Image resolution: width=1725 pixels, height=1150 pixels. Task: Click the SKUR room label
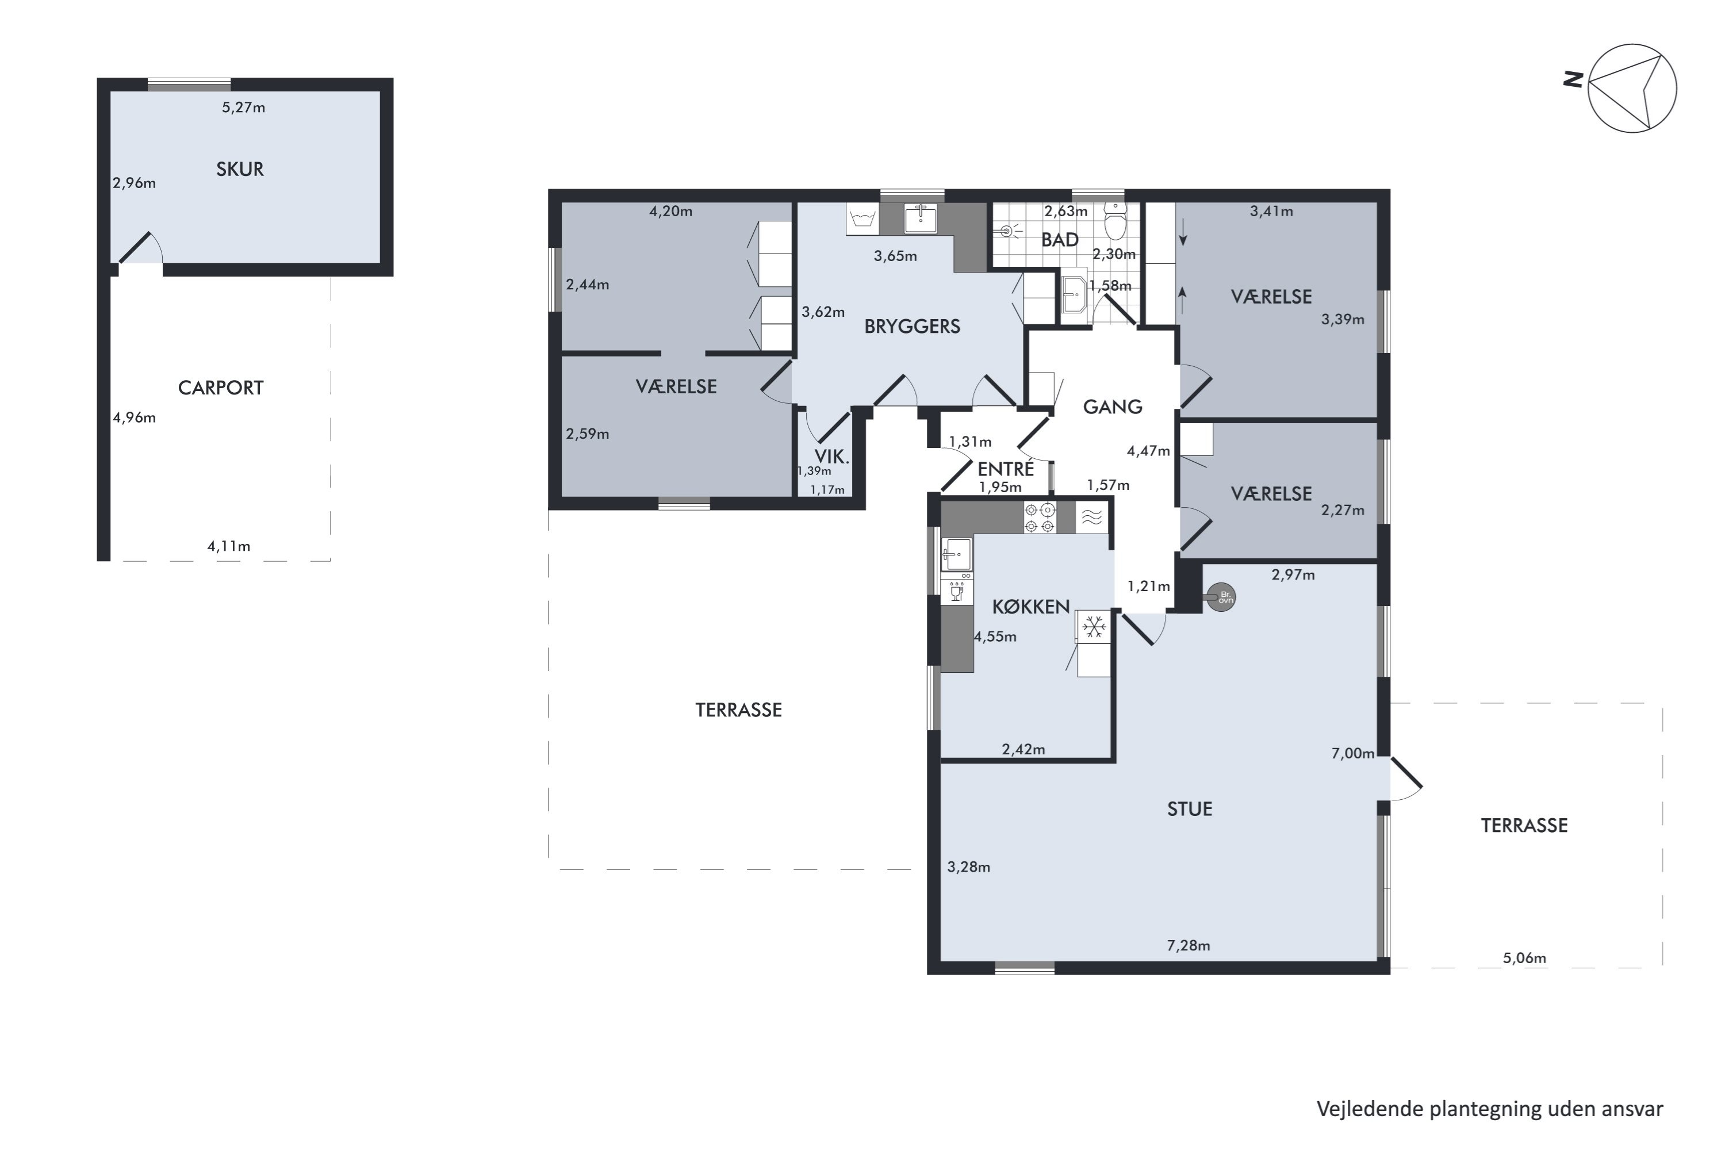click(240, 170)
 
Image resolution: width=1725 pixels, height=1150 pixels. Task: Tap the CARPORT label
click(221, 388)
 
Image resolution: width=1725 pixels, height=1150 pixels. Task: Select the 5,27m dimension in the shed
click(243, 108)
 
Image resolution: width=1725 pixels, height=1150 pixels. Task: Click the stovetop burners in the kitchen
click(1040, 518)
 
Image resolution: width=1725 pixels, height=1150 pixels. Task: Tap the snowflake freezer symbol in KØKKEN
click(1094, 627)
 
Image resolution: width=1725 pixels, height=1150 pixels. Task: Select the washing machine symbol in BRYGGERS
click(862, 218)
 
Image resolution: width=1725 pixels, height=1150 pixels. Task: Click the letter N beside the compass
click(1573, 79)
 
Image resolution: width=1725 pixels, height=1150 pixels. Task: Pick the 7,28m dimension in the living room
click(1188, 946)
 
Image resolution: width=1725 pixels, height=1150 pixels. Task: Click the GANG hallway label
click(1113, 407)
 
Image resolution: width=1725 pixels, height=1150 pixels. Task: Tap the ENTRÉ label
click(1006, 469)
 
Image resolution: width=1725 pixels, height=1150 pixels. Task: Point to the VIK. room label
click(831, 457)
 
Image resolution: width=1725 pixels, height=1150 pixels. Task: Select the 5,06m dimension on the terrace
click(1524, 959)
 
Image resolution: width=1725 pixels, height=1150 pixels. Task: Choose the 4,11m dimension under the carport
click(229, 546)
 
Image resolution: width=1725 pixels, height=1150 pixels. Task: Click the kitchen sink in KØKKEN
click(956, 554)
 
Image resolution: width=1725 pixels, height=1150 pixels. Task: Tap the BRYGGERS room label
click(911, 327)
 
